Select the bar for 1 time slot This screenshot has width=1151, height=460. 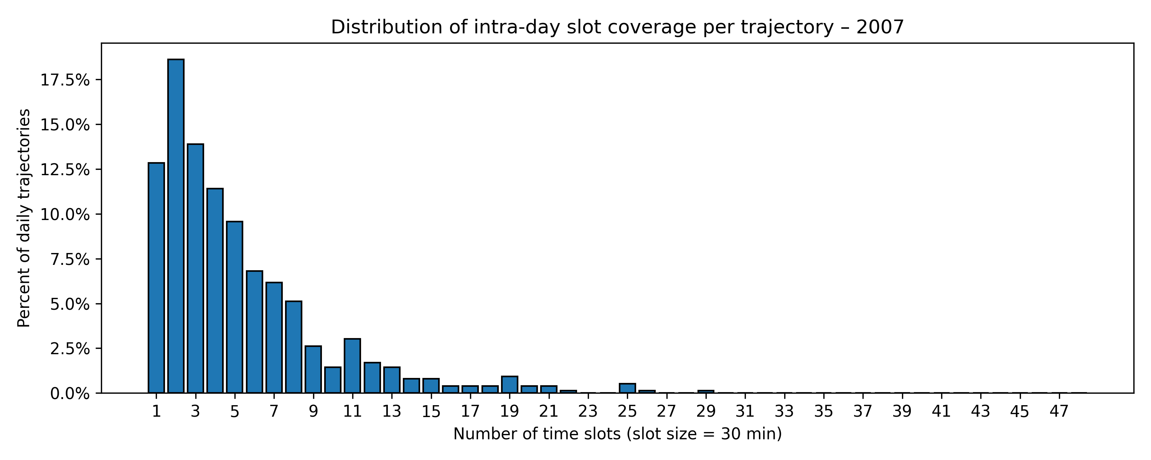(x=156, y=278)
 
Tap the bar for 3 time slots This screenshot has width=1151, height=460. (x=195, y=268)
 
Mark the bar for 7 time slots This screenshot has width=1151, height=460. (x=274, y=338)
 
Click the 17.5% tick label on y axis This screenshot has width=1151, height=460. (x=65, y=80)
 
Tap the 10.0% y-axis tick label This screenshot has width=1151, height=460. (x=65, y=214)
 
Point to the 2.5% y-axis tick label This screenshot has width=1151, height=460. (x=69, y=349)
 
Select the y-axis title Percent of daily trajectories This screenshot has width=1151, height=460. (x=24, y=218)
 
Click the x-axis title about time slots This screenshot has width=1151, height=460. (x=617, y=434)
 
